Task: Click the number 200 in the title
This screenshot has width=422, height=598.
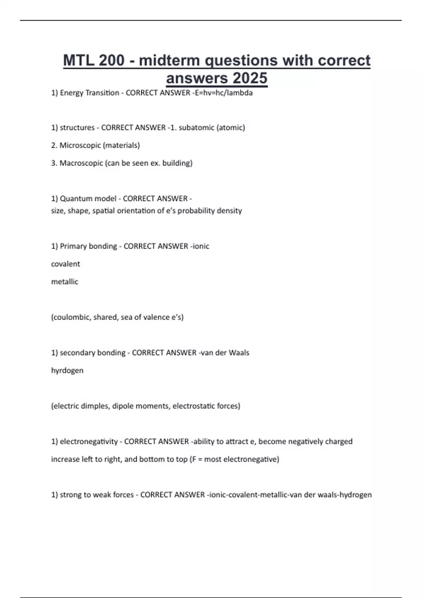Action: coord(111,61)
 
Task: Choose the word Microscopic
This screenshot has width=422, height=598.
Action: coord(80,145)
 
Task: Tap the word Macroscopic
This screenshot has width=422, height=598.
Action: coord(81,163)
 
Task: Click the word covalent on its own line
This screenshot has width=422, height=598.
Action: coord(65,264)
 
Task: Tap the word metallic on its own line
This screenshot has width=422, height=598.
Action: coord(65,282)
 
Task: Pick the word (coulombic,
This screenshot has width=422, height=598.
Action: coord(71,317)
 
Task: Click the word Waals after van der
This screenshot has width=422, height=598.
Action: coord(239,353)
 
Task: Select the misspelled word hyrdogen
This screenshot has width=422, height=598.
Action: coord(67,370)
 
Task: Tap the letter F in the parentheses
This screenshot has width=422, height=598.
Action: coord(194,459)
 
